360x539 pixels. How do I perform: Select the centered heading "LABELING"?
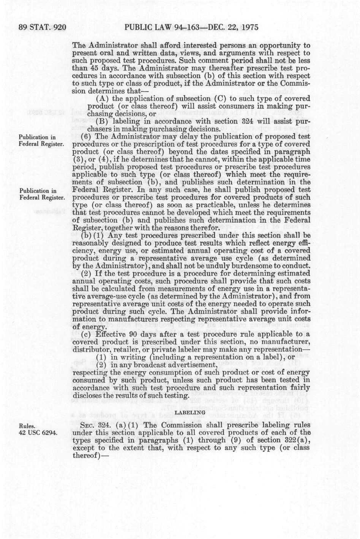[x=190, y=412]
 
